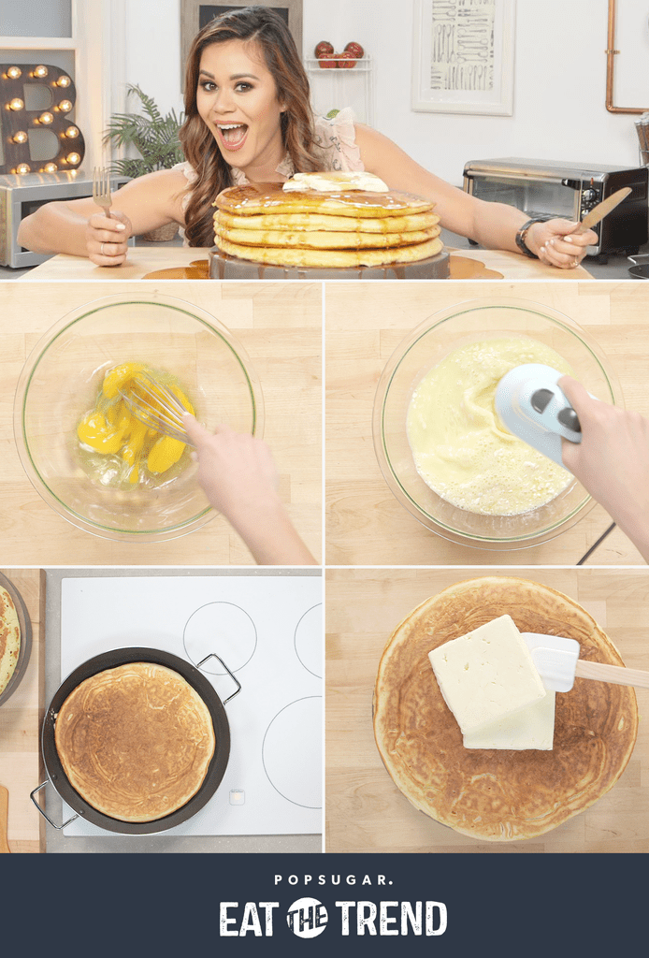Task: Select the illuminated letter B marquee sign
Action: click(x=38, y=120)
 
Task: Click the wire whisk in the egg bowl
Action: click(x=154, y=407)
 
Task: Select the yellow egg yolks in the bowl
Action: click(x=131, y=426)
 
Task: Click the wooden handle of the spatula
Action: click(x=613, y=675)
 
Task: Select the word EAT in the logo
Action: click(x=250, y=919)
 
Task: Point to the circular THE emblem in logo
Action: click(x=307, y=918)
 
